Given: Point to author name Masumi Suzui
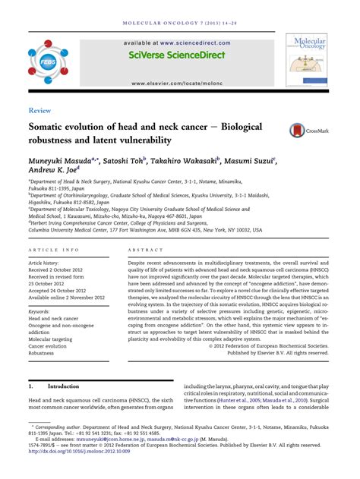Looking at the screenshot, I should pyautogui.click(x=254, y=161).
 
